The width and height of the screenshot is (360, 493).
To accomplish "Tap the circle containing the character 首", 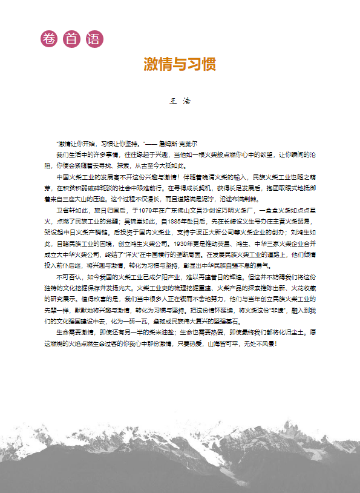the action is pos(71,39).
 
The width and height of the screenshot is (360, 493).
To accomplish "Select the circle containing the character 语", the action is pos(94,39).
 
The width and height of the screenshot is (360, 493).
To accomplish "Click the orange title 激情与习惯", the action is pos(180,64).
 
